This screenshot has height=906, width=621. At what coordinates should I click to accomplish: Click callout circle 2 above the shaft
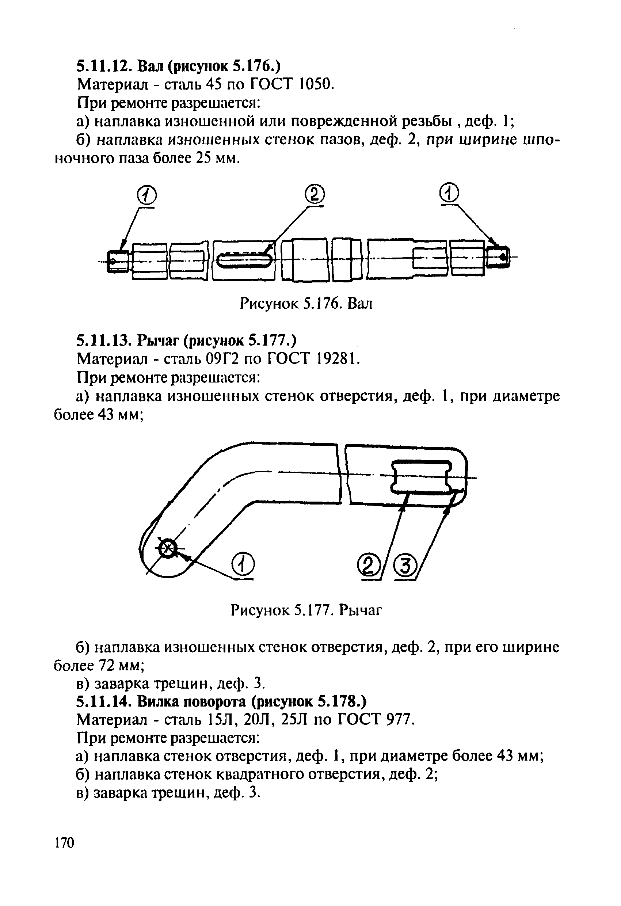(x=315, y=194)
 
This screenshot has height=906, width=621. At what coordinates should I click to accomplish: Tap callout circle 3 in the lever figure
(x=406, y=566)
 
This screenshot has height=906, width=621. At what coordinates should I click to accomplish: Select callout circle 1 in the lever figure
(x=243, y=564)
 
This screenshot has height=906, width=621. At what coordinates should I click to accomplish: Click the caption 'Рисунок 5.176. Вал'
(x=306, y=303)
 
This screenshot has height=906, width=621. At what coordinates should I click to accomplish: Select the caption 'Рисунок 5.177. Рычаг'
(x=306, y=610)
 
